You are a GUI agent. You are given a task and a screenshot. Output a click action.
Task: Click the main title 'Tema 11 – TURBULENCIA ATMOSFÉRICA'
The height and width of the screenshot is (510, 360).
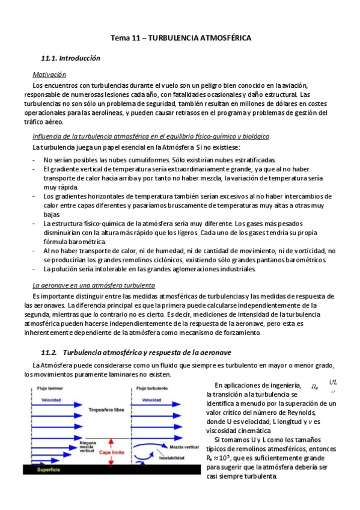(180, 38)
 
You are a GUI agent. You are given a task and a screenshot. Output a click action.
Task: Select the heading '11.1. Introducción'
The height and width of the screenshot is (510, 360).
(70, 58)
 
